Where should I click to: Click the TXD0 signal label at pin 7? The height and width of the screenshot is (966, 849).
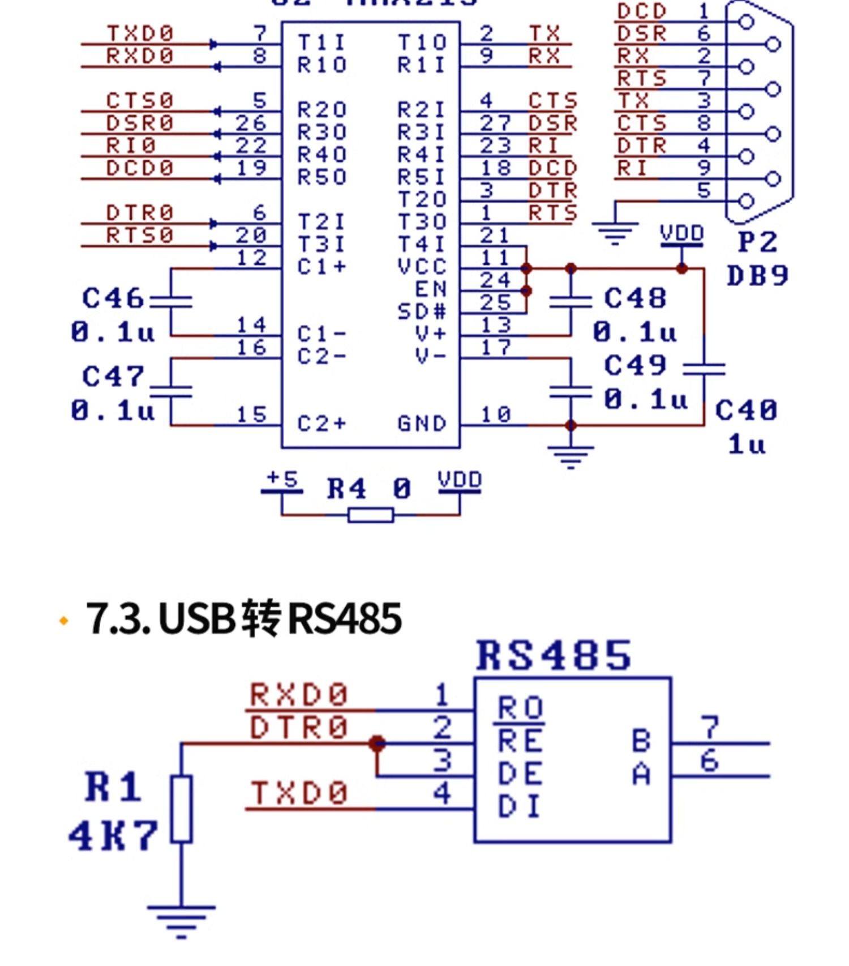(140, 33)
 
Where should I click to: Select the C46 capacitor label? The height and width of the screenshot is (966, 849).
(113, 298)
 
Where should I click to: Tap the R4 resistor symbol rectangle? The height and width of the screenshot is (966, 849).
(371, 515)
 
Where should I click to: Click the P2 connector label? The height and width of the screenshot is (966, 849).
(758, 242)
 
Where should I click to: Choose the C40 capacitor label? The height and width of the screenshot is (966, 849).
(746, 411)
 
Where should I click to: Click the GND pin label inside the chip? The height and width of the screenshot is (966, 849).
(422, 424)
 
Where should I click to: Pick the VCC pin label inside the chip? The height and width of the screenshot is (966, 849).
(422, 267)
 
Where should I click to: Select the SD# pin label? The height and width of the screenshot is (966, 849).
(422, 311)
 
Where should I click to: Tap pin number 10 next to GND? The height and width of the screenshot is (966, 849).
(495, 415)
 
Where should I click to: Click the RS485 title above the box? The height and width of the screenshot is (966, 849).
(554, 656)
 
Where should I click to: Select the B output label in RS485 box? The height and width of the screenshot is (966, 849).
(641, 741)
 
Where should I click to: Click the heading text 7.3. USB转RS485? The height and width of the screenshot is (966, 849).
(244, 618)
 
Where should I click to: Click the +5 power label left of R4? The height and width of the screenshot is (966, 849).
(282, 480)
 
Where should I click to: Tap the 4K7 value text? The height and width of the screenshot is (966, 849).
(113, 835)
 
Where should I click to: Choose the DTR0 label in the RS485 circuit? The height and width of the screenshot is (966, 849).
(299, 728)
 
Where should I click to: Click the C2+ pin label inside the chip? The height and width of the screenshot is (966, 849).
(321, 424)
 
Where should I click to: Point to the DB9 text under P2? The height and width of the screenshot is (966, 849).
(757, 276)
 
